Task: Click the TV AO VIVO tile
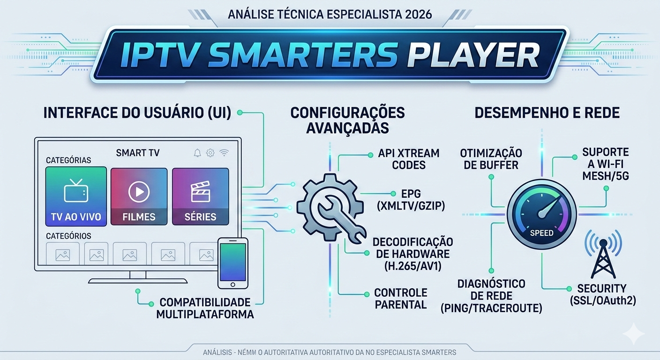[76, 196]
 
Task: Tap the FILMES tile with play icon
[139, 196]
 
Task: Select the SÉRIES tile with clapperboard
[200, 196]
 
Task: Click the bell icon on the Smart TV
[197, 153]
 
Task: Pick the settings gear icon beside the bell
[210, 153]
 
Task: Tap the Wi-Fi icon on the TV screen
[225, 153]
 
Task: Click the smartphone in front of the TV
[233, 262]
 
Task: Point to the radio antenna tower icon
[603, 255]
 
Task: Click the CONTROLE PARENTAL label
[401, 299]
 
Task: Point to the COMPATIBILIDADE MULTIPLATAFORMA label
[205, 308]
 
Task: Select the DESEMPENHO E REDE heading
[547, 112]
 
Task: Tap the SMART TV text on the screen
[137, 152]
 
